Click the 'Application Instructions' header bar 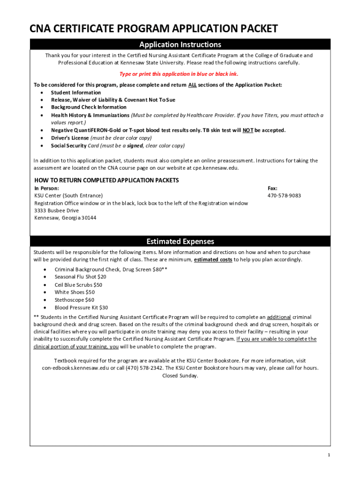click(180, 44)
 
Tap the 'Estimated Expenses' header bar click(180, 241)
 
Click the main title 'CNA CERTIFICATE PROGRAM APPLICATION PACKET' click(154, 29)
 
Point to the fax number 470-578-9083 click(284, 195)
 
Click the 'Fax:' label click(272, 188)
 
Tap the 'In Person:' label click(47, 188)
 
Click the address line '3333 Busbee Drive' click(57, 210)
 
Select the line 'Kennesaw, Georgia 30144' click(65, 218)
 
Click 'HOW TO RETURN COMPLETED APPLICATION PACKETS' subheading click(107, 180)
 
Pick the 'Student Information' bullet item click(76, 93)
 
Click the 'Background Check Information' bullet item click(89, 108)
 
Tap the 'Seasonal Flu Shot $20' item click(80, 277)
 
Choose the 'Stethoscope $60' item click(74, 300)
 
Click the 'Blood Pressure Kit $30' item click(81, 307)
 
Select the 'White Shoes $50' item click(75, 292)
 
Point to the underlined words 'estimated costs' click(213, 260)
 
